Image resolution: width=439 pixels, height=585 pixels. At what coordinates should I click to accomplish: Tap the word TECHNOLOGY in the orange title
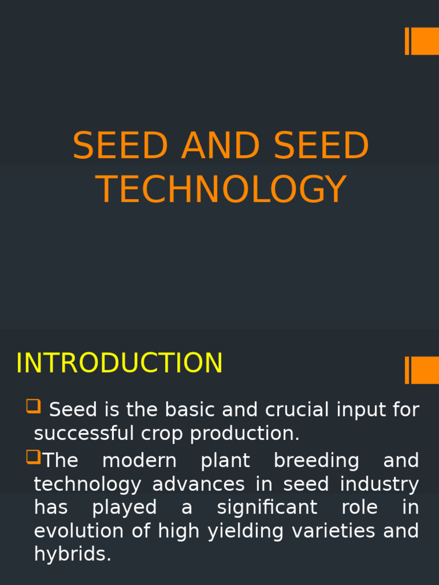point(221,190)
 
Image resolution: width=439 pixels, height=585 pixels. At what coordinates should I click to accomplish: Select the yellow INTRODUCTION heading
point(119,364)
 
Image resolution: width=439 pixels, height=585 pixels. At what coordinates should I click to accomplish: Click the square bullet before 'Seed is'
point(33,406)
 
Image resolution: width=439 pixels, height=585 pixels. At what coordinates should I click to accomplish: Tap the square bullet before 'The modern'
point(33,456)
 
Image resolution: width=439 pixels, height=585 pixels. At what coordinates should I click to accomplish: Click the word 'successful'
point(78,434)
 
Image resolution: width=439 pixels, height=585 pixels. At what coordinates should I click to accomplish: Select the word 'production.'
point(245,434)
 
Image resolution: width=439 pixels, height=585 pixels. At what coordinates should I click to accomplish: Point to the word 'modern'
point(139,460)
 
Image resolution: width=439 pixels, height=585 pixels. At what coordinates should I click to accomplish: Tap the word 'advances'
point(198,484)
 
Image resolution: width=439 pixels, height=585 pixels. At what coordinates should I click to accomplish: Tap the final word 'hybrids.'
point(73,554)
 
